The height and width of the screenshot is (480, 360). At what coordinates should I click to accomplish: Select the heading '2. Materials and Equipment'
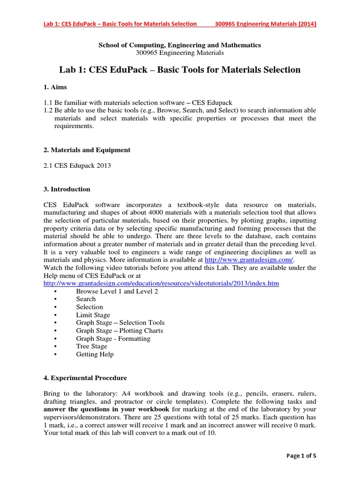click(x=87, y=150)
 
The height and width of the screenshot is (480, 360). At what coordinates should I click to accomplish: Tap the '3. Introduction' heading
click(x=67, y=189)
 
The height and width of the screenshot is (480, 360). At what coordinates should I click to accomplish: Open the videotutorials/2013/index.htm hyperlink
click(x=161, y=284)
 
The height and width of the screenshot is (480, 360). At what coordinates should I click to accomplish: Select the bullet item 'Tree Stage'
click(x=91, y=346)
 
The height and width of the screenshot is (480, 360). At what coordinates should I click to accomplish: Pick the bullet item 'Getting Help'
click(x=95, y=354)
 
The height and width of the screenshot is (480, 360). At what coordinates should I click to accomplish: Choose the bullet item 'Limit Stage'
click(x=93, y=315)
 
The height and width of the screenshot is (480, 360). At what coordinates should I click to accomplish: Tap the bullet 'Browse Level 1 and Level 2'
click(x=117, y=291)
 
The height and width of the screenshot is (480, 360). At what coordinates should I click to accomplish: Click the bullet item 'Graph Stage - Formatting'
click(x=113, y=338)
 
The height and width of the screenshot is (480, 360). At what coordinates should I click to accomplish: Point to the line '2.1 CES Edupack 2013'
click(x=77, y=166)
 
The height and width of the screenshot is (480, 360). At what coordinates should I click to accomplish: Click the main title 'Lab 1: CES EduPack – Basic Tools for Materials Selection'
click(x=180, y=70)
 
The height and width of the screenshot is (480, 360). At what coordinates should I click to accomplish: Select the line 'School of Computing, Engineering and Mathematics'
click(x=180, y=45)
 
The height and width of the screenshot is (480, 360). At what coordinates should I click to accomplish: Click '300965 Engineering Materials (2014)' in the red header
click(x=265, y=24)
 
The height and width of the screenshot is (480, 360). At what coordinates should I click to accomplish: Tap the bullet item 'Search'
click(x=86, y=299)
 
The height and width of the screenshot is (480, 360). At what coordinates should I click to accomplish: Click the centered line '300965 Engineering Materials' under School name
click(x=180, y=53)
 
